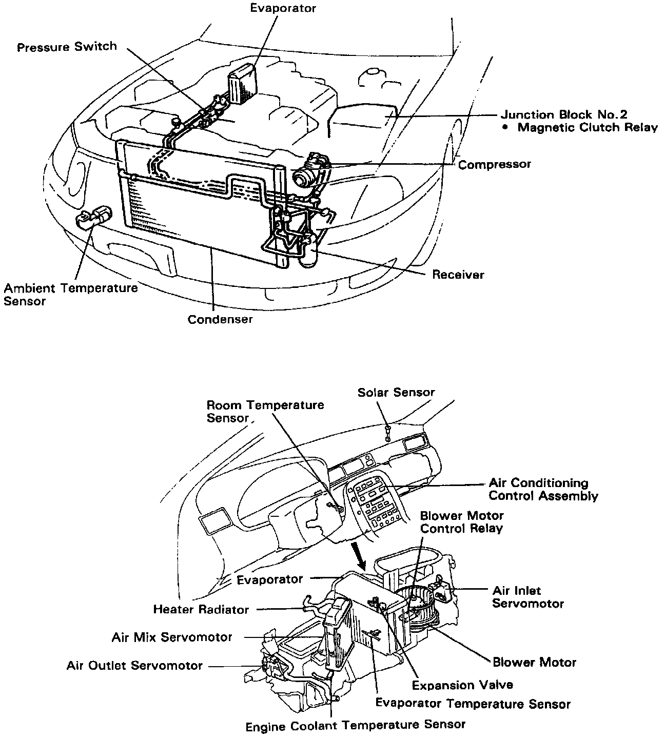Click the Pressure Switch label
(67, 47)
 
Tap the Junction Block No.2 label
(564, 114)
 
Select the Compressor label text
(495, 165)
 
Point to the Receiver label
(458, 275)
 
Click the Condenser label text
(220, 319)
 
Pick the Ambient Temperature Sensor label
(70, 294)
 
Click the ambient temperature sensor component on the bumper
(93, 218)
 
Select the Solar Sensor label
(396, 393)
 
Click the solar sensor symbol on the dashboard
(388, 432)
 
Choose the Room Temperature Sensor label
(265, 411)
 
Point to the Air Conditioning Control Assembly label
(543, 489)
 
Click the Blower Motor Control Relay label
(462, 521)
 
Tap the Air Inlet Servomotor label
(528, 597)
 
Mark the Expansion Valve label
(462, 685)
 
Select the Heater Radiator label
(201, 610)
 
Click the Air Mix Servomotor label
(172, 637)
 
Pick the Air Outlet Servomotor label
(134, 666)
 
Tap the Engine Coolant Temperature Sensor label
(356, 725)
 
